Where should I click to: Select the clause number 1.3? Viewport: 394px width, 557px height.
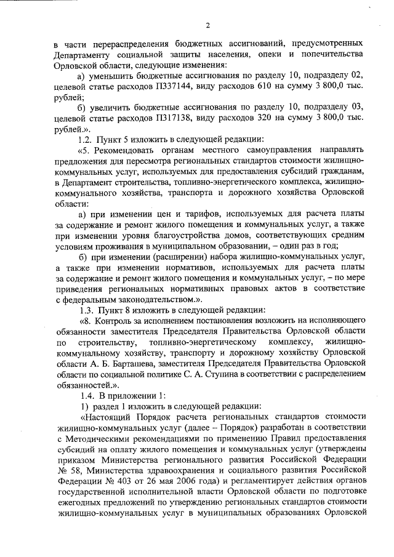86,310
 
